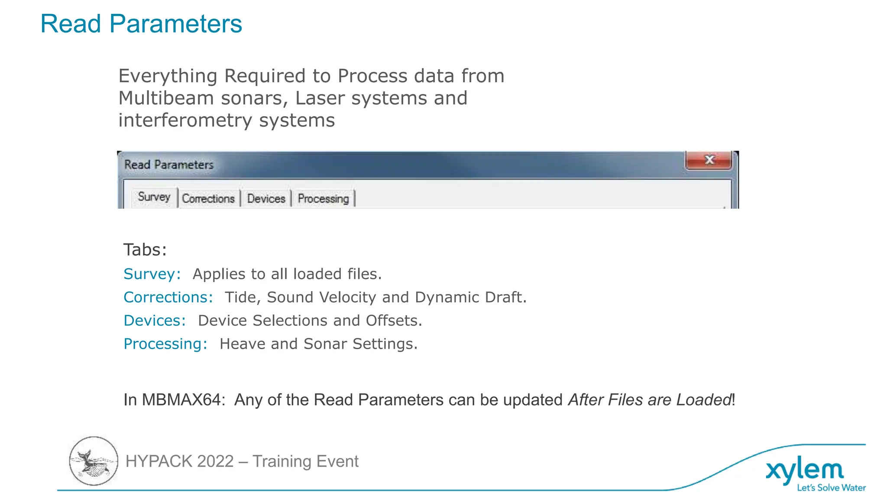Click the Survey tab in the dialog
click(154, 197)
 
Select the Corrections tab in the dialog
click(208, 199)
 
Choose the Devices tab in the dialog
click(266, 199)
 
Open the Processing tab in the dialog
click(323, 199)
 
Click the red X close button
click(709, 160)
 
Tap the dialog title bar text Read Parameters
click(169, 165)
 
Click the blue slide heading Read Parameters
click(141, 24)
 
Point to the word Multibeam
click(166, 98)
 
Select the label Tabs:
click(145, 250)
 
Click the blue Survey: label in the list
click(152, 274)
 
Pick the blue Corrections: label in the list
click(168, 298)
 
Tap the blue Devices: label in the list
click(155, 321)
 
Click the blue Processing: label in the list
click(165, 344)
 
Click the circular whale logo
click(94, 461)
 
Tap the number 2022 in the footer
click(215, 462)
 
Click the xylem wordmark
click(805, 471)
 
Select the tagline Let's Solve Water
click(831, 488)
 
